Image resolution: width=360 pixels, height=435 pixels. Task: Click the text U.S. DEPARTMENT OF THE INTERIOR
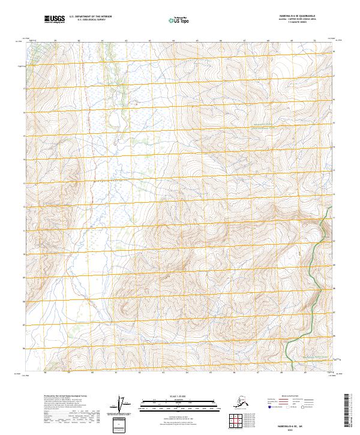click(90, 17)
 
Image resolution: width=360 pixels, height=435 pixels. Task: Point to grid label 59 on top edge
click(55, 40)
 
